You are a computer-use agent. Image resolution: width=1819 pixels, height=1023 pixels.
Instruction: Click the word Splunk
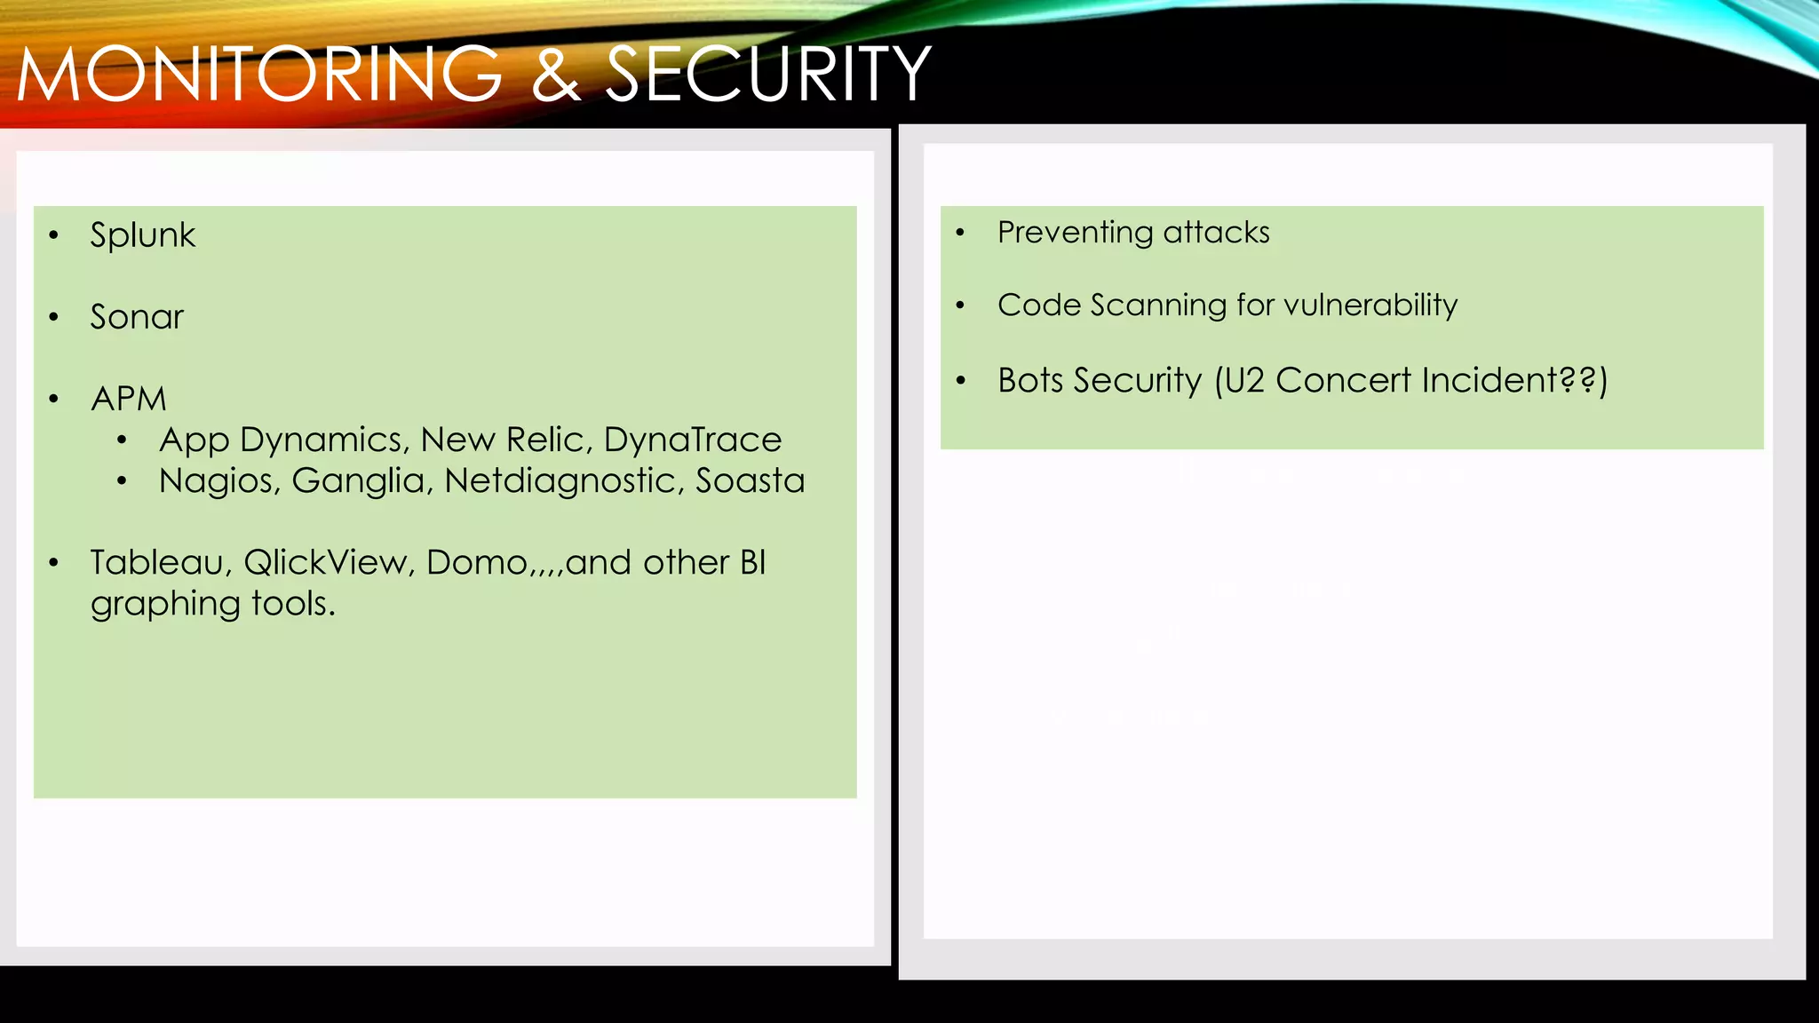(x=142, y=236)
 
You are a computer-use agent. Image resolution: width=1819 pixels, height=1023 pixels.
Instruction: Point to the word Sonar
(x=137, y=317)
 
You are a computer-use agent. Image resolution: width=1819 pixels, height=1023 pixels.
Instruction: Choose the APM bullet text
(x=129, y=399)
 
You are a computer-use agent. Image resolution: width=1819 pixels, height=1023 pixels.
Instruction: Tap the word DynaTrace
(x=693, y=440)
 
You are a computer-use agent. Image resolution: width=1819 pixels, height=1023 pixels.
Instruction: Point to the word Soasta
(x=750, y=481)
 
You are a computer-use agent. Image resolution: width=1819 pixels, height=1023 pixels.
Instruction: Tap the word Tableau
(x=161, y=563)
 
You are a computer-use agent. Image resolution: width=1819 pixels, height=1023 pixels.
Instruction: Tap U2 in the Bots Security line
(x=1243, y=381)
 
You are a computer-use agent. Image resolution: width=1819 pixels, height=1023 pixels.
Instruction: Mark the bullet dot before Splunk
(x=54, y=235)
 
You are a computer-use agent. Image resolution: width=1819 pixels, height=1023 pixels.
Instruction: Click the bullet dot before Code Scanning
(x=960, y=305)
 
